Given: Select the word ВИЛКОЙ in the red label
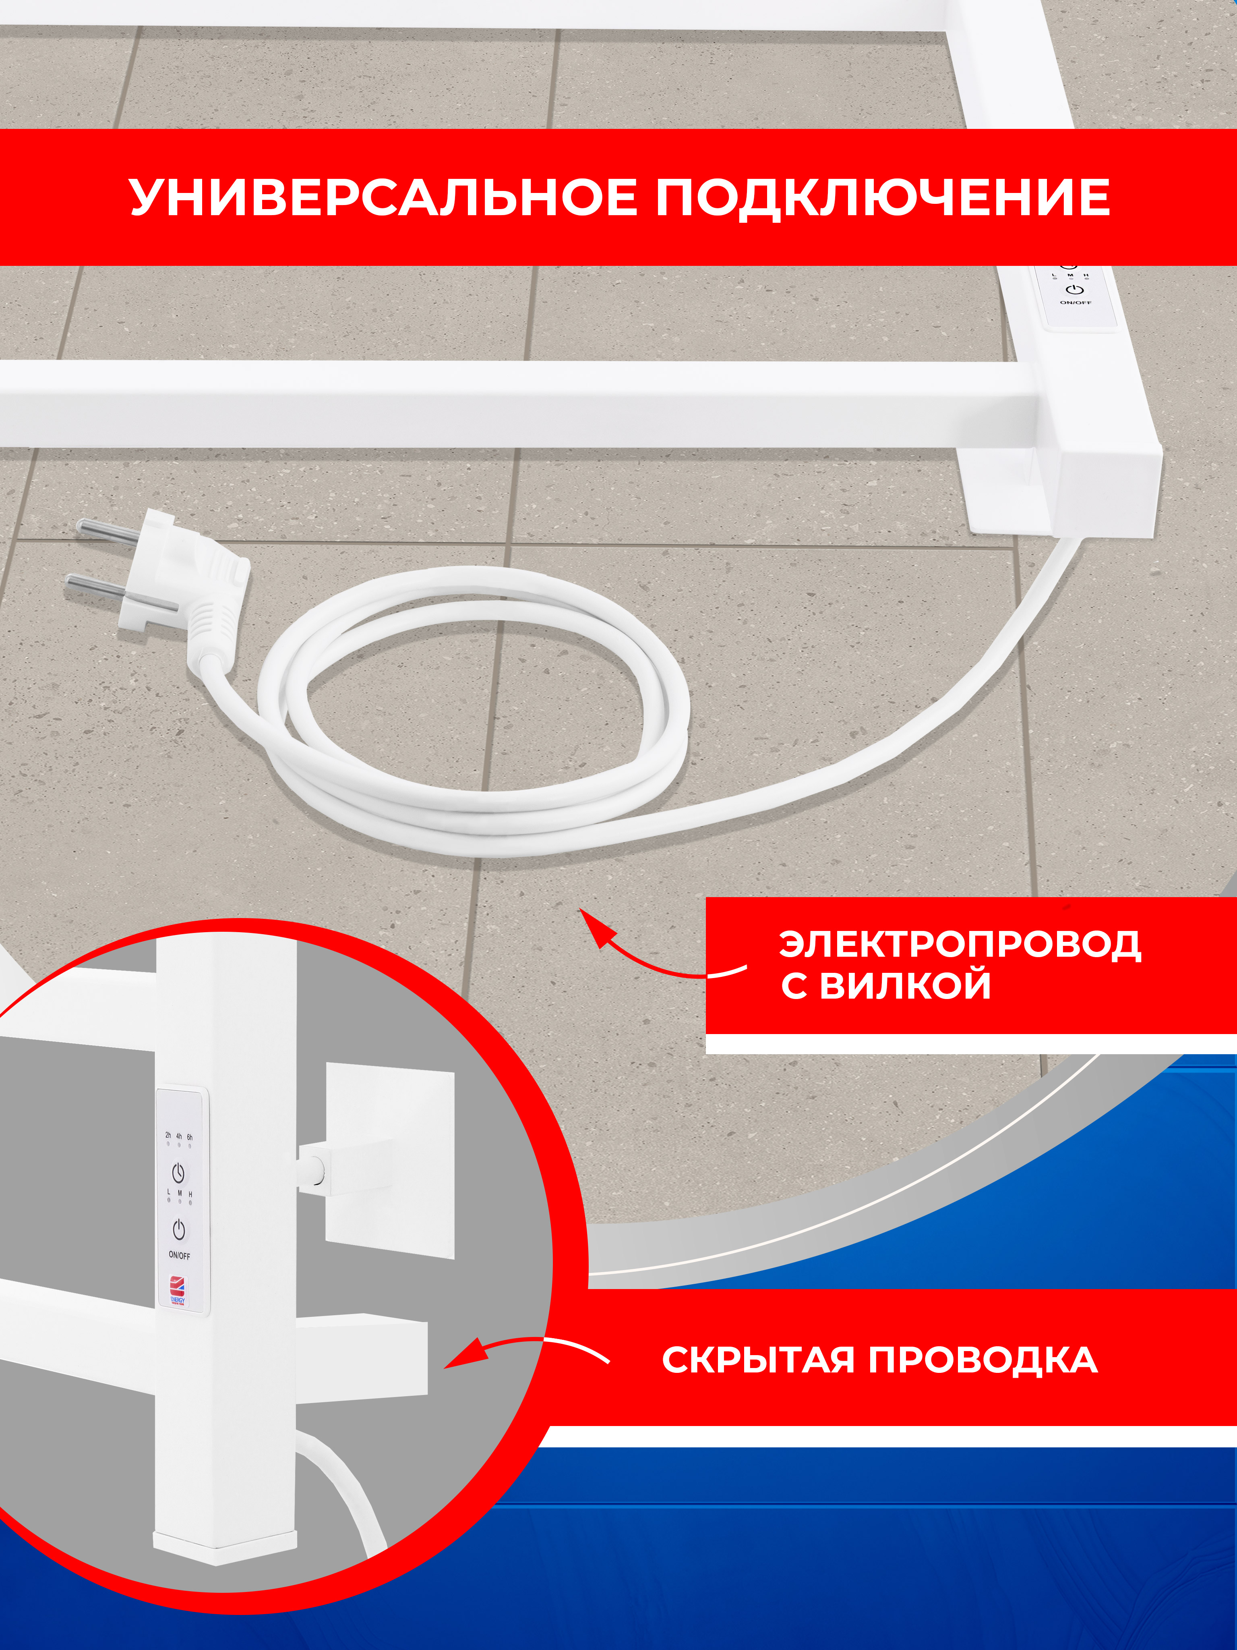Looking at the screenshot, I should click(905, 985).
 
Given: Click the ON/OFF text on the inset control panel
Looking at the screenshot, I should click(179, 1255).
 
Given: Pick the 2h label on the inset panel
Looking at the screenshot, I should click(168, 1135).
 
